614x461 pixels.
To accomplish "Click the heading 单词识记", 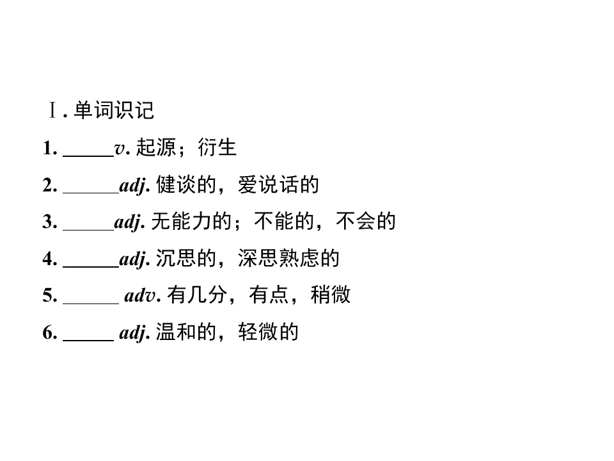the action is pos(114,110).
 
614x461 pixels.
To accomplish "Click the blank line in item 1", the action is pos(88,156).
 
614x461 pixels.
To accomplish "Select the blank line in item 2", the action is pos(91,193).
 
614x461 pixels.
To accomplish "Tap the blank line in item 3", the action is pos(88,229).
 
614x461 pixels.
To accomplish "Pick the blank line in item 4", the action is pos(91,266).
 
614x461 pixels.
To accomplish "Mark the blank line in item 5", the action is pos(91,303).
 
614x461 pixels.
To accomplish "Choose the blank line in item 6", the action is pos(88,340).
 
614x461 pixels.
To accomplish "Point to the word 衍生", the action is pos(217,148).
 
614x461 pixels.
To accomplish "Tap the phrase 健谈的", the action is pos(186,184).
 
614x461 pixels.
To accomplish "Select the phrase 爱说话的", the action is pos(278,184).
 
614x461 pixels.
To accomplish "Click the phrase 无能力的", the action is pos(191,221).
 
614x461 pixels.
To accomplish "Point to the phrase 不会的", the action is pos(366,221).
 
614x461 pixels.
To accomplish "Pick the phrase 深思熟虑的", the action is pos(288,258).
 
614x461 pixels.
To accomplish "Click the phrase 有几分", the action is pos(198,295).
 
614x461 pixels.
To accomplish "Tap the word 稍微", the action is pos(331,295).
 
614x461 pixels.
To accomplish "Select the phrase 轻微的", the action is pos(268,332).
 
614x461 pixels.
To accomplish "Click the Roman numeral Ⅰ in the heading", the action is pos(52,110).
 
